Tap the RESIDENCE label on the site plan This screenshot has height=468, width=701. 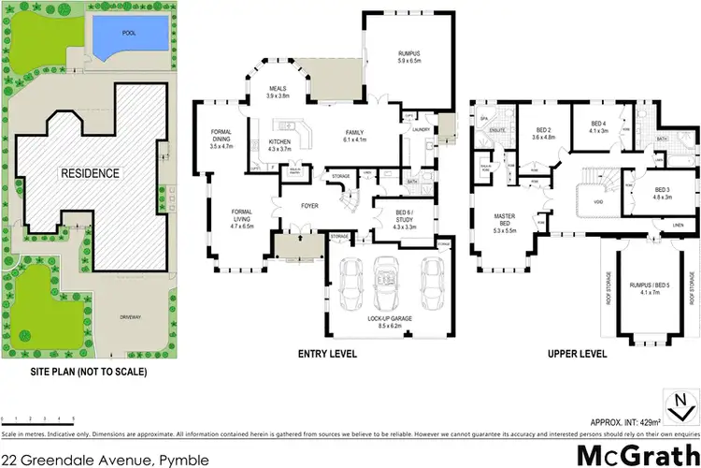click(x=90, y=173)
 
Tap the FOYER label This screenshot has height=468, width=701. click(x=310, y=203)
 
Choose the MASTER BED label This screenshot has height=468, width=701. click(x=506, y=221)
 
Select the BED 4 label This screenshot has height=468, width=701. click(x=600, y=126)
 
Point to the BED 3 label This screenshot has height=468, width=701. click(x=662, y=194)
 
